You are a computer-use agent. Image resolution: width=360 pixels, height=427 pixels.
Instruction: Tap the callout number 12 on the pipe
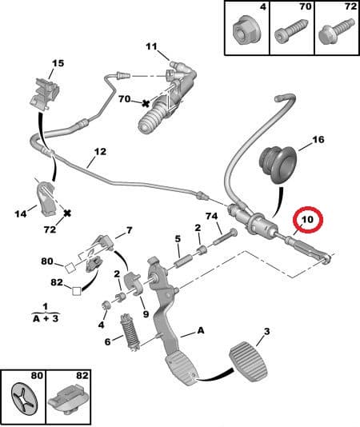99,151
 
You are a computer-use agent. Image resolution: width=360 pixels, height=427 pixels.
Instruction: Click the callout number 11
152,46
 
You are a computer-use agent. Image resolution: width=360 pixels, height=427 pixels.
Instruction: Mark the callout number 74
211,217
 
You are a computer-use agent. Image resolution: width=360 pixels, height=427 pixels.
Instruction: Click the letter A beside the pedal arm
199,329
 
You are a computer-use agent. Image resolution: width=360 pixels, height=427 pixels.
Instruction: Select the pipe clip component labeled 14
46,195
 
